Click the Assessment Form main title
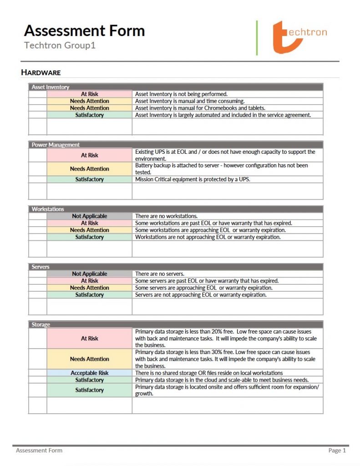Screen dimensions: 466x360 (84, 31)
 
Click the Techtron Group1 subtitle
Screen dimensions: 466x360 (60, 46)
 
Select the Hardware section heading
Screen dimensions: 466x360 (41, 72)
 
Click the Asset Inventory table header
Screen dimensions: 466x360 (51, 86)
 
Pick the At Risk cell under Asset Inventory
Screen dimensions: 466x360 (89, 94)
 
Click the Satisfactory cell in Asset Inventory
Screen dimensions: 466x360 (89, 115)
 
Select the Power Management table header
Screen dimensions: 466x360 (56, 145)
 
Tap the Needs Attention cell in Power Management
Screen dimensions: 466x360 (89, 169)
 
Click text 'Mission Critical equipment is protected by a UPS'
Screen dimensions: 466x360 (193, 179)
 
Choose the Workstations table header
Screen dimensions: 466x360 (48, 209)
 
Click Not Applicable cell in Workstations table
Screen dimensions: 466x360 (89, 216)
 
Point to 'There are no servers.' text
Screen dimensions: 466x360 (160, 274)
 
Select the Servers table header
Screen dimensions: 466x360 (41, 267)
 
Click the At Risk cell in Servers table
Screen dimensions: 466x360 (89, 281)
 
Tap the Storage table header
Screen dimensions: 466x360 (41, 324)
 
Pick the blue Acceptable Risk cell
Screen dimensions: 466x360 (89, 373)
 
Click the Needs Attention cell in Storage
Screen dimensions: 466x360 (89, 359)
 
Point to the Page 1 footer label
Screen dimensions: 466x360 (337, 451)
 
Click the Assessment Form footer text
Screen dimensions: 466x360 (39, 451)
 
